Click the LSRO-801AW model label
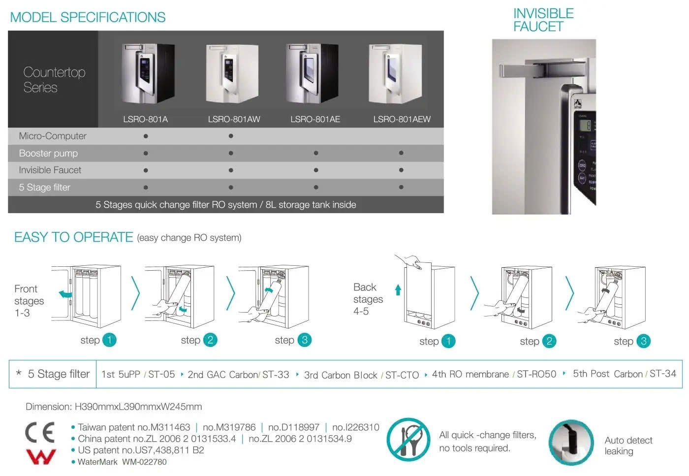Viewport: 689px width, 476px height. point(234,119)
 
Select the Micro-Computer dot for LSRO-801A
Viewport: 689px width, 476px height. point(146,136)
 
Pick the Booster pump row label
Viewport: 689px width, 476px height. point(48,153)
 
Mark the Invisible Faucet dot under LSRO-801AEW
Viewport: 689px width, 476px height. point(401,170)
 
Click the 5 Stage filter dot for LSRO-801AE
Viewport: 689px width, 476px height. point(316,188)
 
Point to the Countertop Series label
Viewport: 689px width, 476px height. point(54,80)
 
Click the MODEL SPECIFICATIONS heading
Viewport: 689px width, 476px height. point(88,17)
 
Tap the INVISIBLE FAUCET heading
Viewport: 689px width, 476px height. point(543,20)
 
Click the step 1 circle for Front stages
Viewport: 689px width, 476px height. point(109,340)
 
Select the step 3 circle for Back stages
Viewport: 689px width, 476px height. point(643,341)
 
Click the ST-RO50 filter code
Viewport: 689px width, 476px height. point(536,374)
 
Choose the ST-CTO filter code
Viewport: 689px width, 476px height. point(402,375)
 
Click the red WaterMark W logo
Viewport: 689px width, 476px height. point(41,457)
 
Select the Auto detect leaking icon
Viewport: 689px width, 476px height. point(571,442)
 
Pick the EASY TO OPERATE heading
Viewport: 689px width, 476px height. point(74,237)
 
